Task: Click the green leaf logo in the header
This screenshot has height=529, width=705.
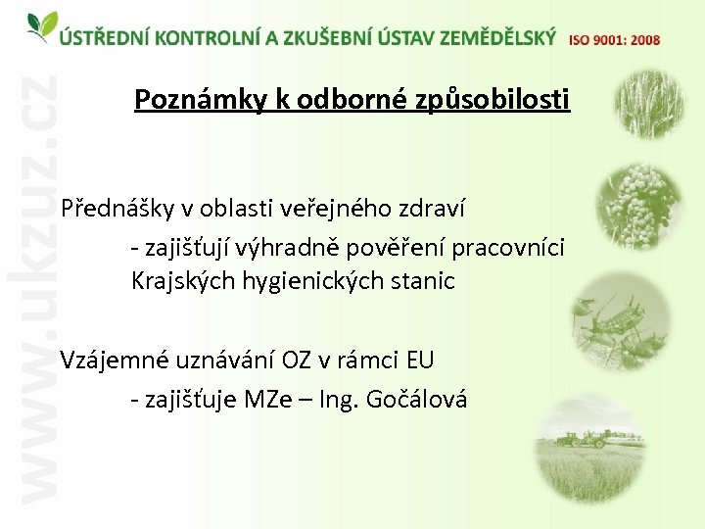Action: [41, 26]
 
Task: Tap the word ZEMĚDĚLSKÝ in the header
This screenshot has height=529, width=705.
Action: [497, 38]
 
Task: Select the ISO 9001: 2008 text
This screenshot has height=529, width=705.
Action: [614, 40]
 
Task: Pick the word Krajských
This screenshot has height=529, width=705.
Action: [180, 282]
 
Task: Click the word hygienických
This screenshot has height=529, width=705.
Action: [316, 282]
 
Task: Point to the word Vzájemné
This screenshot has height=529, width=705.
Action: [113, 360]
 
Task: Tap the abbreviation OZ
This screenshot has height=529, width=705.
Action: [297, 360]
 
